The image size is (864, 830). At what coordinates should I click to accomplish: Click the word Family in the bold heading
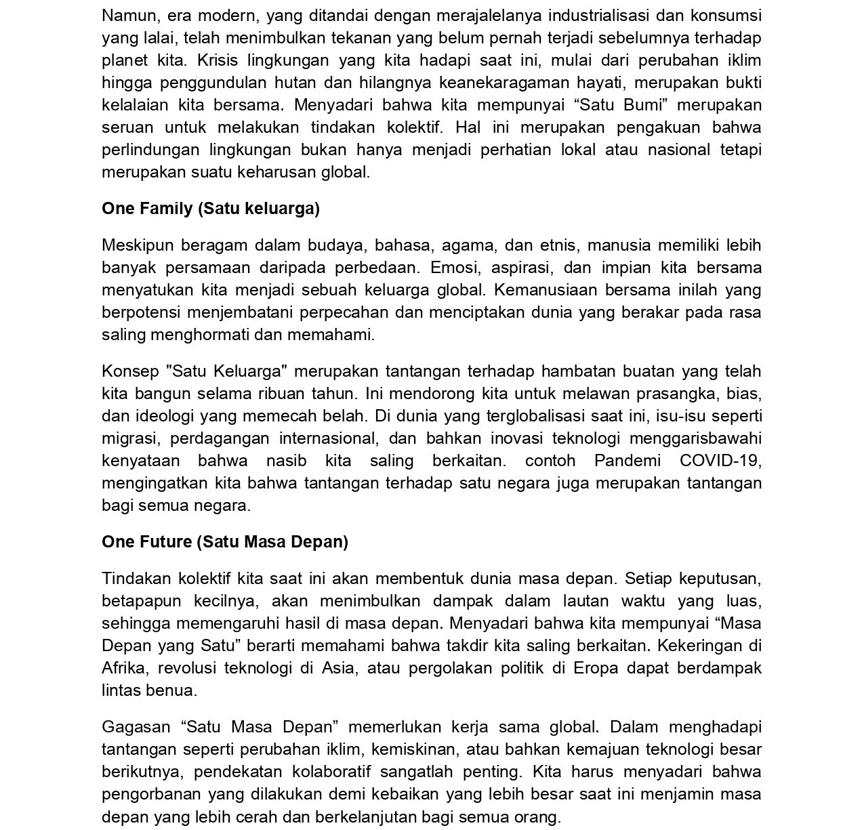(167, 209)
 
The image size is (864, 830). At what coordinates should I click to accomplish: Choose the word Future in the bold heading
(167, 542)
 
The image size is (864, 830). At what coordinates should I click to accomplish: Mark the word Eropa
(596, 668)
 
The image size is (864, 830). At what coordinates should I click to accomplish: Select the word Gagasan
(136, 727)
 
